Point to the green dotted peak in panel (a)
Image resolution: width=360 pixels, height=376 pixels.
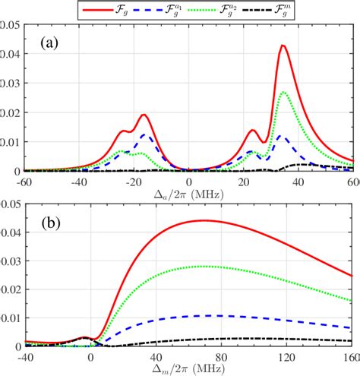point(284,92)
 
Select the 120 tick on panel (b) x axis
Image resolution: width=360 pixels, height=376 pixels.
point(286,356)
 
